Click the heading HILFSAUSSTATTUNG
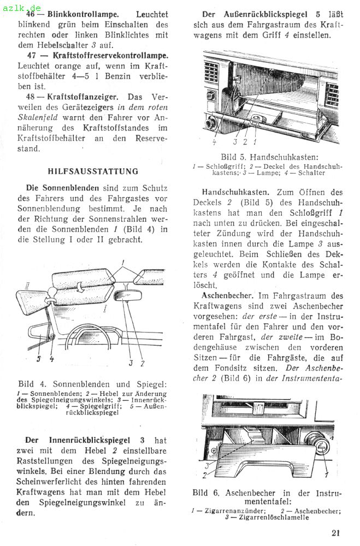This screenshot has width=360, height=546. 93,171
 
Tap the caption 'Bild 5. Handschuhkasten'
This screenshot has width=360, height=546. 267,157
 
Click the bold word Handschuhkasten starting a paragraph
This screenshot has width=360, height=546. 235,192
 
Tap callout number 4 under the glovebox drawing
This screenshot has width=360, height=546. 214,142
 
